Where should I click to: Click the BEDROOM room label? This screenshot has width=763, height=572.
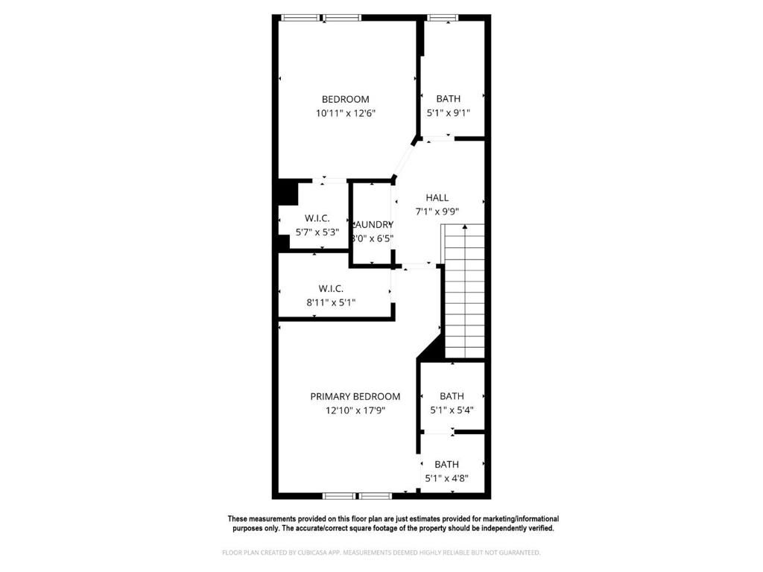pos(345,99)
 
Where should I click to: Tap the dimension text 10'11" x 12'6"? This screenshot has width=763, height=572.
pos(345,113)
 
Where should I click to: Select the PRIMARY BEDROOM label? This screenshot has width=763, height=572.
pos(355,396)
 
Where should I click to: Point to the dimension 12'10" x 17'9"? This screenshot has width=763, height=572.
pos(355,410)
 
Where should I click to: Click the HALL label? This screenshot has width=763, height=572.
pos(437,197)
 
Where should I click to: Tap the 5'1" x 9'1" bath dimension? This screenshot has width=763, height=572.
pos(448,113)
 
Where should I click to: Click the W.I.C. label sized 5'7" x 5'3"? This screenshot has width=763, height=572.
pos(317,218)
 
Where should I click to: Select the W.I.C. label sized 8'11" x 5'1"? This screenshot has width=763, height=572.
pos(332,288)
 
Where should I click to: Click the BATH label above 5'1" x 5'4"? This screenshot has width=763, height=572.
pos(452,396)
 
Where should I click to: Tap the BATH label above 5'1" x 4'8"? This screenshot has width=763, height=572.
pos(446,464)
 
